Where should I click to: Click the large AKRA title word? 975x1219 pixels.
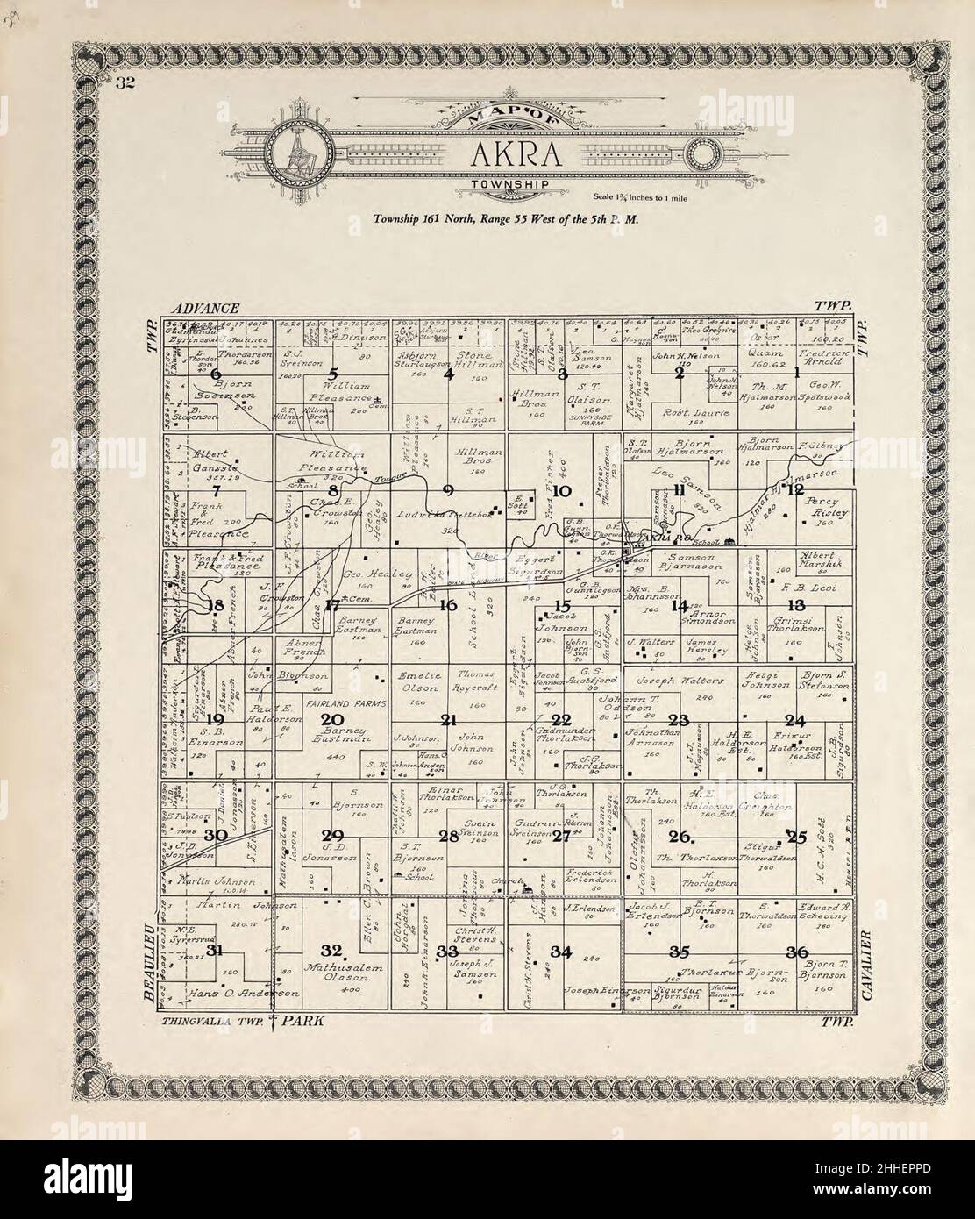[x=509, y=154]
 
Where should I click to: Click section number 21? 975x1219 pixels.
[x=449, y=721]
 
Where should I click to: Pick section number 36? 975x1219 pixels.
[x=796, y=952]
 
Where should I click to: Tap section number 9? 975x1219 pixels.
[x=449, y=488]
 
